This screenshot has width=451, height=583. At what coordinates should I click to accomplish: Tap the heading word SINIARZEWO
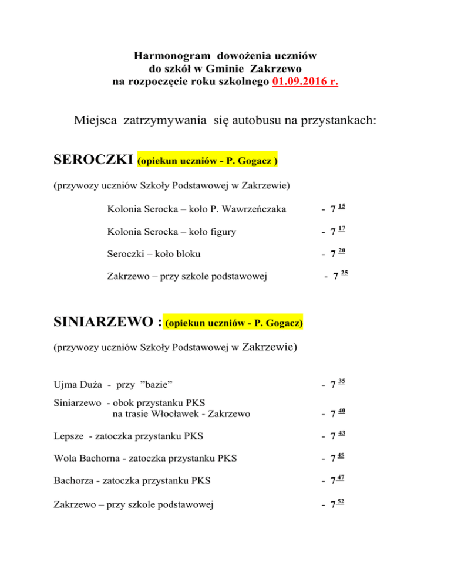click(x=105, y=321)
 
